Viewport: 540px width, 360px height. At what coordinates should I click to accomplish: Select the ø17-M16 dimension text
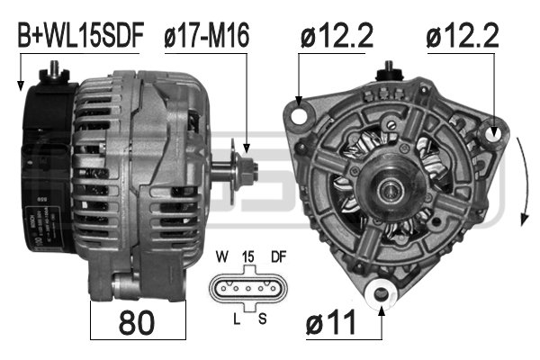[206, 35]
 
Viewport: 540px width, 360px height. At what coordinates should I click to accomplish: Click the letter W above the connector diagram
[220, 256]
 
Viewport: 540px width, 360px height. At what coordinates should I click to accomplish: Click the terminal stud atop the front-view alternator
[390, 68]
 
